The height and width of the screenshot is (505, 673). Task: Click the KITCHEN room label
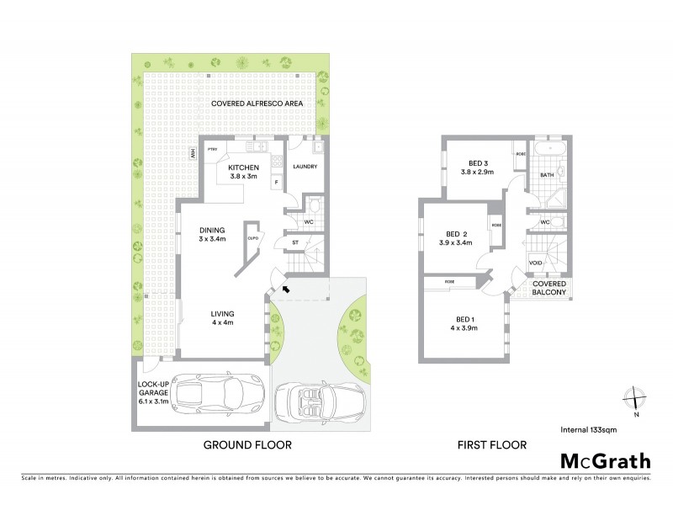(x=243, y=168)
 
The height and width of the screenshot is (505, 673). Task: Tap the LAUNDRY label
(x=305, y=167)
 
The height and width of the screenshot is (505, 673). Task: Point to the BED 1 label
(x=464, y=319)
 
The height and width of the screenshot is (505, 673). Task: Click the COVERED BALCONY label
(x=550, y=289)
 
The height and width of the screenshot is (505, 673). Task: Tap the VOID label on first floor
(x=536, y=263)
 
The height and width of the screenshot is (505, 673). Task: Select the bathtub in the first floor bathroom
(x=550, y=154)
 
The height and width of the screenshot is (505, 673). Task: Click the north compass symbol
(x=635, y=396)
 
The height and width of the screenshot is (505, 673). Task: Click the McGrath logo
(x=605, y=460)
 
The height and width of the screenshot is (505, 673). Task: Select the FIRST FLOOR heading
(x=492, y=444)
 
